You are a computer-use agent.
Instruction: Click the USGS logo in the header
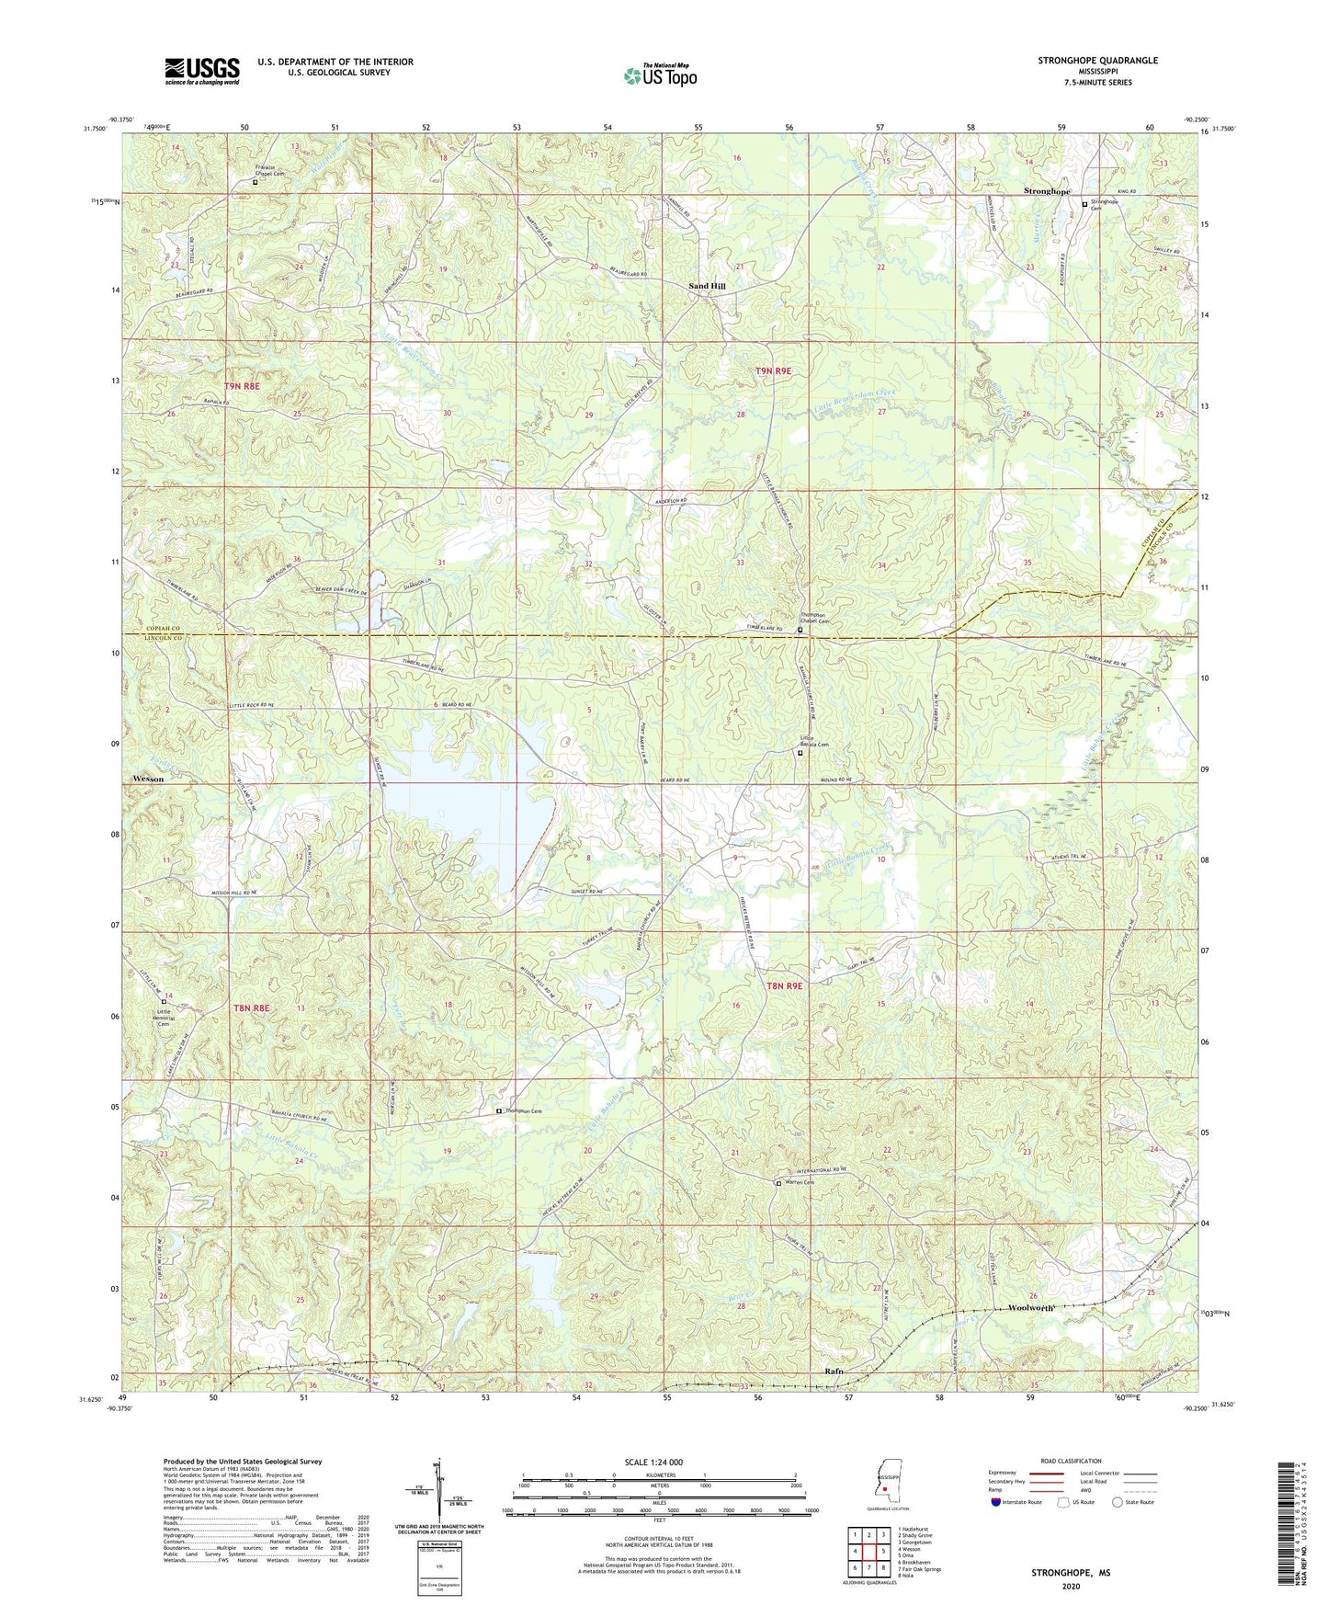click(202, 70)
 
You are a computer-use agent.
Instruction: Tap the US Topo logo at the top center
click(660, 75)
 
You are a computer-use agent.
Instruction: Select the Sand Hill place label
click(707, 287)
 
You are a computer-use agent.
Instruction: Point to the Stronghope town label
click(1047, 191)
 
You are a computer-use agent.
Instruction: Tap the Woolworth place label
click(1031, 1307)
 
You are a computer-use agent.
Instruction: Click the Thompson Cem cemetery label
click(523, 1111)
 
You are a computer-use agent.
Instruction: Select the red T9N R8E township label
click(242, 386)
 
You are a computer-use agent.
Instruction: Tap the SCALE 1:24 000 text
click(653, 1463)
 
